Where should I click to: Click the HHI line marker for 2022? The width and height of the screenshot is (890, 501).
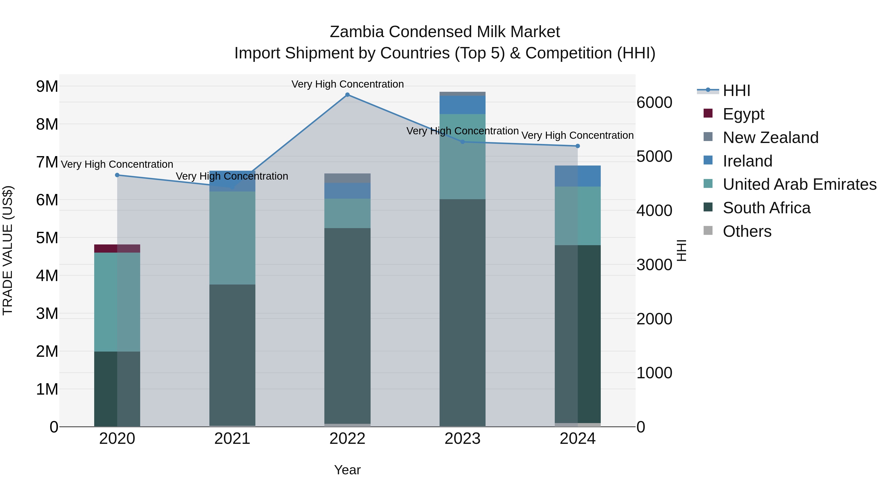pos(347,95)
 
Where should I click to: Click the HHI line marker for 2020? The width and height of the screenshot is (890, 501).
pos(117,175)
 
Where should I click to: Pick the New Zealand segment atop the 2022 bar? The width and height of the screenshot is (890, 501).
pos(347,178)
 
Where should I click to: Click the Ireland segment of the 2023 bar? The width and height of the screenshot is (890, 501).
pos(462,105)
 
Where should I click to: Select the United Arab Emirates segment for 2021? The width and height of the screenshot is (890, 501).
pos(232,238)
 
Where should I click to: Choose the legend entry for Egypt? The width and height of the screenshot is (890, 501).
pos(743,114)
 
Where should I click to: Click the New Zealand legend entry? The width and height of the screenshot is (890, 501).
pos(770,137)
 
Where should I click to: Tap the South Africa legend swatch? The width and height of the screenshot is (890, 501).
pos(708,208)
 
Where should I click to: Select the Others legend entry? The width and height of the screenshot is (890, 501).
pos(747,231)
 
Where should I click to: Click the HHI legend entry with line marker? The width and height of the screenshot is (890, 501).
pos(736,91)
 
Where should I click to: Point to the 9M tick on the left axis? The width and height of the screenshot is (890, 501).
pos(47,86)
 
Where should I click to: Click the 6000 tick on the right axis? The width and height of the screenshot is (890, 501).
pos(654,102)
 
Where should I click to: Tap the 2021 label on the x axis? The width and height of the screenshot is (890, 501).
pos(232,439)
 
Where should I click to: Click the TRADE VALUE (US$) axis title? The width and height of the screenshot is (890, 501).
pos(8,250)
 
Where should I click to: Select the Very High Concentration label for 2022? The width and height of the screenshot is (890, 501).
pos(347,84)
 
